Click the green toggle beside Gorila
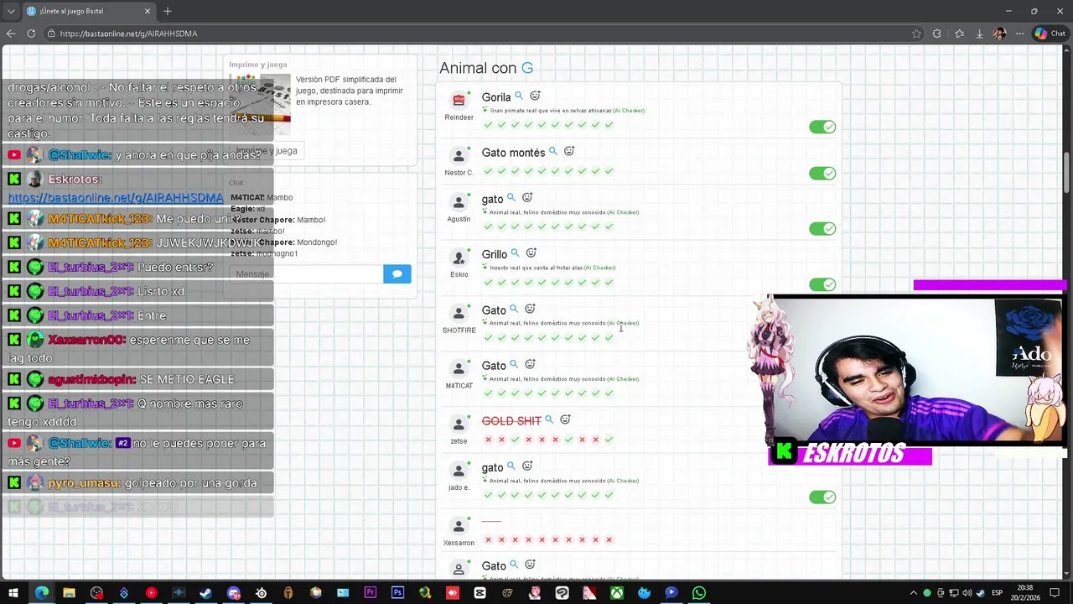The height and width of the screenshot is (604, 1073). click(x=822, y=127)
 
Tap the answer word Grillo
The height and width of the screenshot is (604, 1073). click(x=494, y=254)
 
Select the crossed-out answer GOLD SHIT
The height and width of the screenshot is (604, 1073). click(x=511, y=421)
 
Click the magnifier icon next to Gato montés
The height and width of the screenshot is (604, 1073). click(x=553, y=152)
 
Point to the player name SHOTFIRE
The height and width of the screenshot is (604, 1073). click(x=459, y=331)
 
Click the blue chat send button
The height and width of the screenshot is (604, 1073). click(x=397, y=273)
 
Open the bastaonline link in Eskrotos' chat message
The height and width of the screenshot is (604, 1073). click(x=116, y=198)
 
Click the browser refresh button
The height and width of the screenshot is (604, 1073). click(x=31, y=34)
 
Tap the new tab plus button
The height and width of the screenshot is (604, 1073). click(x=168, y=11)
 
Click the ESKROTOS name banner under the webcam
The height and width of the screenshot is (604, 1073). click(x=850, y=454)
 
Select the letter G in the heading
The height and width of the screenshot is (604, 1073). click(x=527, y=68)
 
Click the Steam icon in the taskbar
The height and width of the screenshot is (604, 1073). click(x=205, y=593)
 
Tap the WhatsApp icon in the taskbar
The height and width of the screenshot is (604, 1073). click(x=699, y=593)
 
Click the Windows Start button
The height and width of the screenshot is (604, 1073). click(x=13, y=593)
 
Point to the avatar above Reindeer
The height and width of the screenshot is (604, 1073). click(x=459, y=101)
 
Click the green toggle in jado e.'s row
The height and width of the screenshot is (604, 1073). click(x=822, y=497)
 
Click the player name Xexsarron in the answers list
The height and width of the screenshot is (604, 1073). click(x=459, y=543)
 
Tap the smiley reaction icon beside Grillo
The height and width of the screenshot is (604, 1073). click(x=531, y=253)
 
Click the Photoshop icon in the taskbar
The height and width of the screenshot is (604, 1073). click(x=397, y=593)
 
